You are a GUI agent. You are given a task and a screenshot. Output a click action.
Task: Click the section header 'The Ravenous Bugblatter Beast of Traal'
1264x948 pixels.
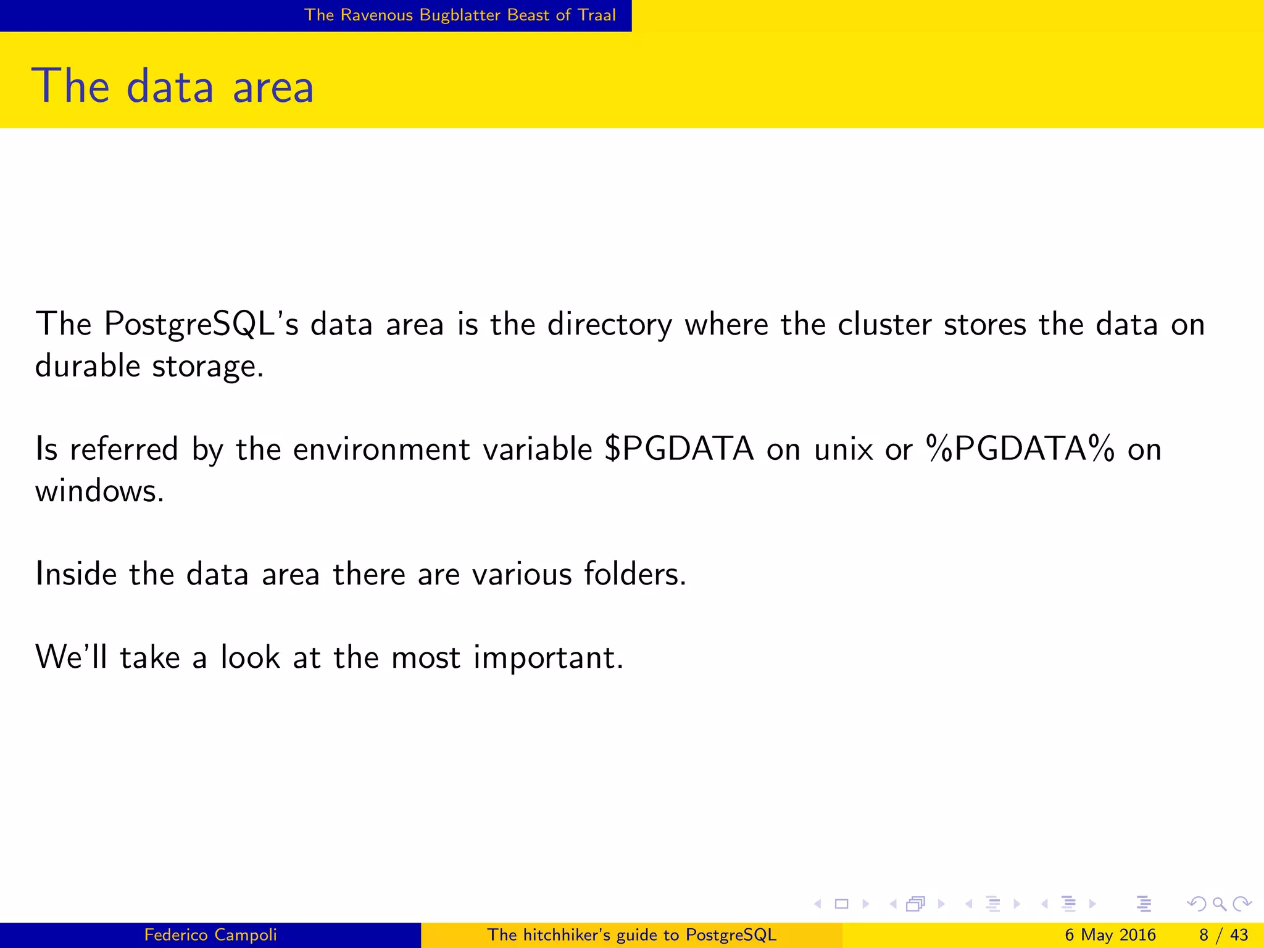click(x=460, y=15)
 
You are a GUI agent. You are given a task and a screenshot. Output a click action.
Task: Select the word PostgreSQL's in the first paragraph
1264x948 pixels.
click(x=201, y=324)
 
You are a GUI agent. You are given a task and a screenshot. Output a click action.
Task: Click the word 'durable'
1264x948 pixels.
click(x=88, y=365)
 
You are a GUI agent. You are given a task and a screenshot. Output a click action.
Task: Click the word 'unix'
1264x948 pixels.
click(x=843, y=449)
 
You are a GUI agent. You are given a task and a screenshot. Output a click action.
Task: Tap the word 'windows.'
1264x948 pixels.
click(x=99, y=491)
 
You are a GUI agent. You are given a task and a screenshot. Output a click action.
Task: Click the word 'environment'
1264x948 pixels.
click(x=381, y=449)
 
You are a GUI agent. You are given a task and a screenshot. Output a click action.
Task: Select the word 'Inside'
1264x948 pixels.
click(x=76, y=574)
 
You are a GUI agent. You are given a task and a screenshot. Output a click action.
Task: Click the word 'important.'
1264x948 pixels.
click(x=548, y=658)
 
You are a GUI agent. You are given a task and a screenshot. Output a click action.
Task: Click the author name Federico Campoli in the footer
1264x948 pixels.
click(x=210, y=935)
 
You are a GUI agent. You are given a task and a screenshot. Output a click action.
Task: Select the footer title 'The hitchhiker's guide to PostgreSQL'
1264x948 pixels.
click(x=631, y=935)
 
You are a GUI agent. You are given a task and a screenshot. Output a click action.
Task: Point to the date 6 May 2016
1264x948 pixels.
click(x=1110, y=935)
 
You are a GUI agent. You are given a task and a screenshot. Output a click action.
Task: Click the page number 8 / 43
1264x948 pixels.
click(x=1223, y=935)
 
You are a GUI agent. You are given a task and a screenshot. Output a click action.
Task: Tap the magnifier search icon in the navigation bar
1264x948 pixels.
click(x=1219, y=904)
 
